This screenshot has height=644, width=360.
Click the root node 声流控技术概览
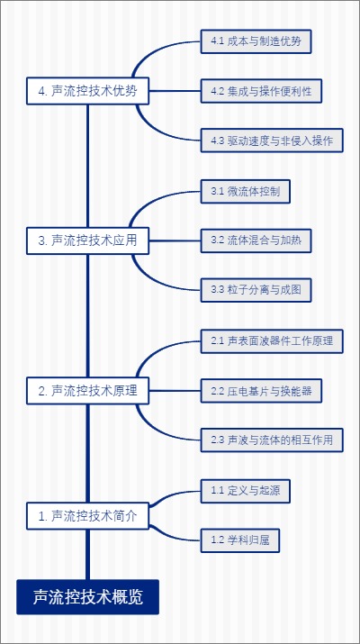pyautogui.click(x=87, y=596)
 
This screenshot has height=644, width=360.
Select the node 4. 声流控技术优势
pyautogui.click(x=88, y=91)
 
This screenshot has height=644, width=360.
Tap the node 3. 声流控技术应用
pyautogui.click(x=88, y=240)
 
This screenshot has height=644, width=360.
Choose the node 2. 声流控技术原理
pyautogui.click(x=88, y=390)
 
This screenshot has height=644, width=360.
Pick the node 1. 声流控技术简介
pyautogui.click(x=88, y=515)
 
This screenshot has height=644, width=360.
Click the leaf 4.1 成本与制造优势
pyautogui.click(x=256, y=41)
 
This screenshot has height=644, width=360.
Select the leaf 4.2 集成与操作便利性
pyautogui.click(x=261, y=91)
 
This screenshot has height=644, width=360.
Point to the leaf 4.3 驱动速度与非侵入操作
pyautogui.click(x=271, y=141)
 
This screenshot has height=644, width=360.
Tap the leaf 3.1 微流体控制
pyautogui.click(x=246, y=191)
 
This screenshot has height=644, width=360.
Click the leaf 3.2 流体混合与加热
pyautogui.click(x=256, y=240)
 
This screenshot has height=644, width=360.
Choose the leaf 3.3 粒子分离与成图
pyautogui.click(x=256, y=290)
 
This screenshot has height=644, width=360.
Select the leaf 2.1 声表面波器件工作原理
pyautogui.click(x=271, y=340)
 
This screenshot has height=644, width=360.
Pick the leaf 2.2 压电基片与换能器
pyautogui.click(x=261, y=390)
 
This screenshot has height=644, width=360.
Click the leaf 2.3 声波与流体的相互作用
pyautogui.click(x=271, y=440)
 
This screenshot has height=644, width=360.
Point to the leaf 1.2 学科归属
pyautogui.click(x=240, y=540)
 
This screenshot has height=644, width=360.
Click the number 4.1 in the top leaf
pyautogui.click(x=217, y=41)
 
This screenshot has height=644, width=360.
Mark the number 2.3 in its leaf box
pyautogui.click(x=217, y=440)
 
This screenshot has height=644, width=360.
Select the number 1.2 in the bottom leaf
pyautogui.click(x=217, y=540)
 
